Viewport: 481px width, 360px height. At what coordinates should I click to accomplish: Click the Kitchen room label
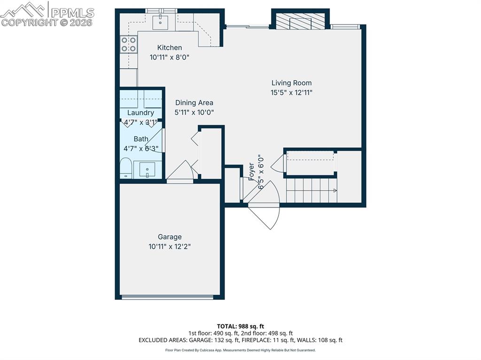169,47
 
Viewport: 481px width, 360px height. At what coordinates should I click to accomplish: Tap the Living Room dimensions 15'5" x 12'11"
291,92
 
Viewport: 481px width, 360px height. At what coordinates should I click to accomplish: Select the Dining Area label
194,103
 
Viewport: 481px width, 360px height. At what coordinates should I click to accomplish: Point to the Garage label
170,237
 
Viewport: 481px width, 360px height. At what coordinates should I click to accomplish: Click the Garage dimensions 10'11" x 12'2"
170,246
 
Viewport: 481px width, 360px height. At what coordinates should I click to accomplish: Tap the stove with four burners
129,44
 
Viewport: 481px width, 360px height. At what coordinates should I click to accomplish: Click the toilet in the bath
125,168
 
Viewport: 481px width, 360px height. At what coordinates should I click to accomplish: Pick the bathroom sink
148,169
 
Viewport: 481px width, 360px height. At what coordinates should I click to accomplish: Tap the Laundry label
140,113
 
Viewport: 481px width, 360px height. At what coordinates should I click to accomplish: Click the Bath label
141,139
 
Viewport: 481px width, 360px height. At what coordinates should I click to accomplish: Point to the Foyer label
251,172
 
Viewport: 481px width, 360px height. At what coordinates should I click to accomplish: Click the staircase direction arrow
335,190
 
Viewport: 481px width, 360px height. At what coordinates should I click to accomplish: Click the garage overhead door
168,297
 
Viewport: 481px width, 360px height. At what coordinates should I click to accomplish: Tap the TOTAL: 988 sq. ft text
240,326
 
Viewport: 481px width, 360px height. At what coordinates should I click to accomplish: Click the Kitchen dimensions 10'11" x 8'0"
169,57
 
